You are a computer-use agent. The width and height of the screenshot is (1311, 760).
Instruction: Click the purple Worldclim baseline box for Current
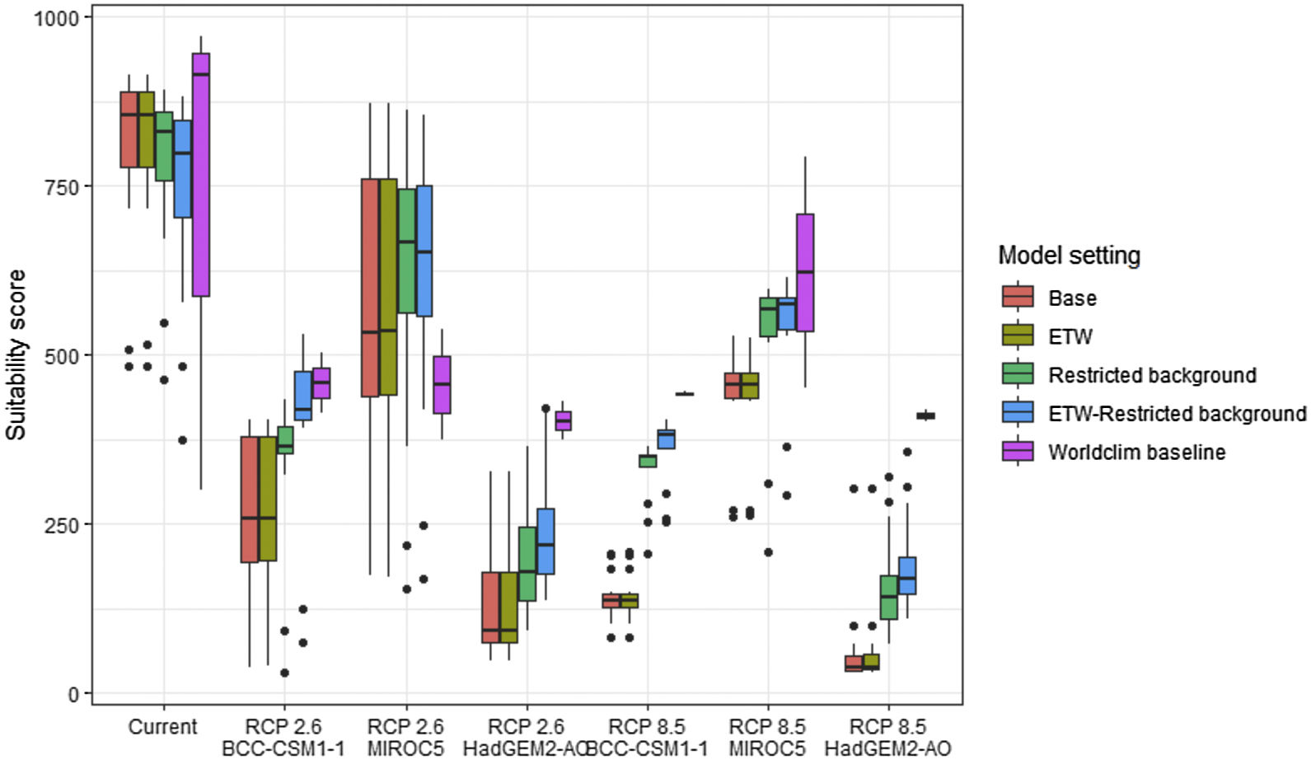(200, 175)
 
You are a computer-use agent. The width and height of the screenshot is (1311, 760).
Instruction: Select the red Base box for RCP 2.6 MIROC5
(370, 288)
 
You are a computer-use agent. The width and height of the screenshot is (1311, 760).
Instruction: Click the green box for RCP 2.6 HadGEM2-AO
(527, 564)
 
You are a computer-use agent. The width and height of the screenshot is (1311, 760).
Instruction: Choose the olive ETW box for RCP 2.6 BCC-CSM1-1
(267, 499)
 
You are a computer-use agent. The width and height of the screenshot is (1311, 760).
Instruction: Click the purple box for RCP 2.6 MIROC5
(442, 384)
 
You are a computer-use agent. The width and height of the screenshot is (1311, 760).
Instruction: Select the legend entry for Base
(1072, 298)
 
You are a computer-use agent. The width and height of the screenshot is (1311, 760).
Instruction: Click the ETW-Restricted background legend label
(1177, 414)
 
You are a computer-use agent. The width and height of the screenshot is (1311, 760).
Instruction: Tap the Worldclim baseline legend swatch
(1018, 452)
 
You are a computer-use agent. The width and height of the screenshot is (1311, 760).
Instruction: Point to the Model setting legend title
(1069, 256)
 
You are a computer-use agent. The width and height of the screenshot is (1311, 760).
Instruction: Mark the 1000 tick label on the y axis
(56, 17)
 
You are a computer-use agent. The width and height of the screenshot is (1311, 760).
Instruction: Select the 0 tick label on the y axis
(74, 694)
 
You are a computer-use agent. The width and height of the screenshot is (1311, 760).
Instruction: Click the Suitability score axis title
(16, 354)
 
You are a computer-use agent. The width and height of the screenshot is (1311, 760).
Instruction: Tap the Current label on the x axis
(162, 727)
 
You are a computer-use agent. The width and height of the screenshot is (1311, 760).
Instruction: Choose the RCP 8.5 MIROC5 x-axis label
(767, 737)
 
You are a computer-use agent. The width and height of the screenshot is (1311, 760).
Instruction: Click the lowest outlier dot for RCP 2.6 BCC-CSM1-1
(284, 673)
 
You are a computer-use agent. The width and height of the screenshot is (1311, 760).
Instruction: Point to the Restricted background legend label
(1152, 375)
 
